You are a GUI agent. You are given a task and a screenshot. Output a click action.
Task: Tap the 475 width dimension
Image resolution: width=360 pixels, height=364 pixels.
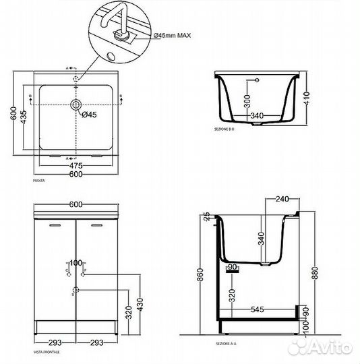coord(76,165)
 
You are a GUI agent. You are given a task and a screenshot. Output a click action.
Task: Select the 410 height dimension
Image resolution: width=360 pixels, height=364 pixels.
coord(306,100)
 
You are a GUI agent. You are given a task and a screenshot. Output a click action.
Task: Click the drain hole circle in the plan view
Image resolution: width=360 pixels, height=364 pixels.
coord(76,105)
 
